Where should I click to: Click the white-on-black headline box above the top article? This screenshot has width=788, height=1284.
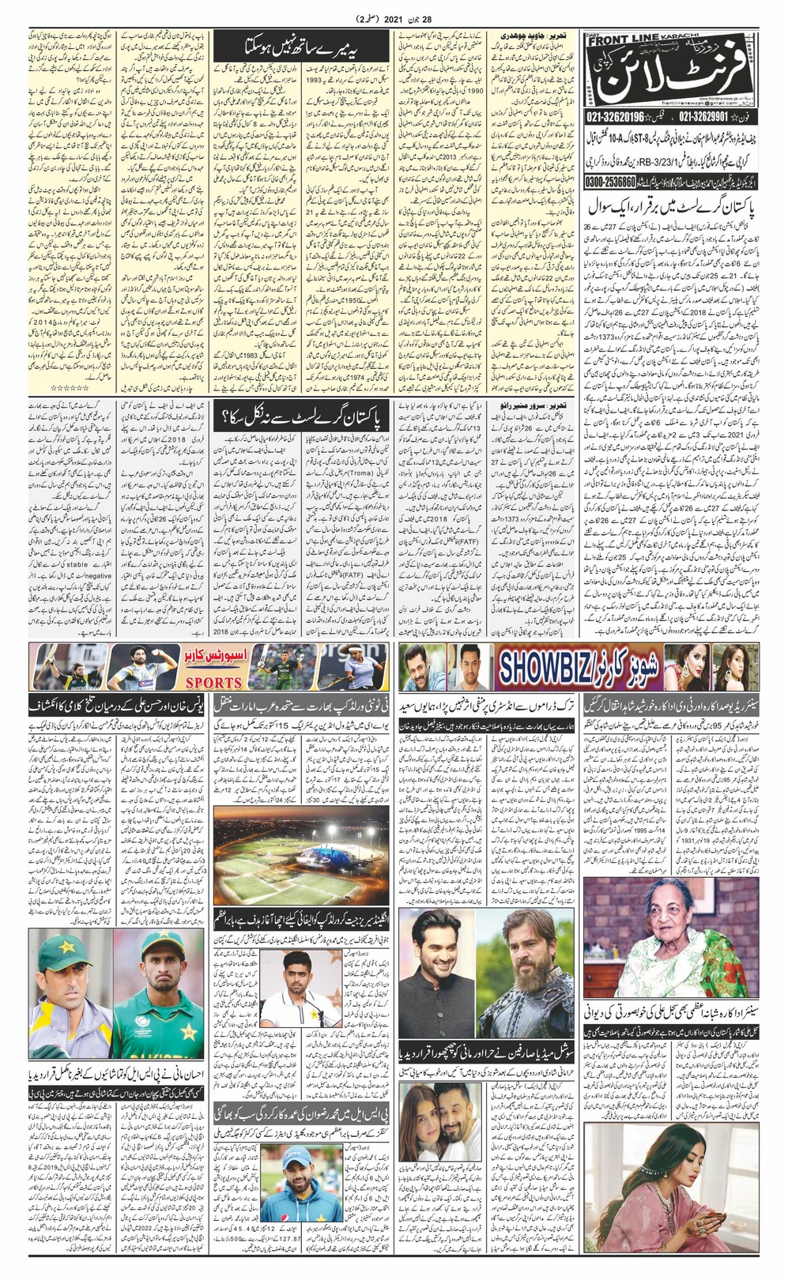300,47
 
